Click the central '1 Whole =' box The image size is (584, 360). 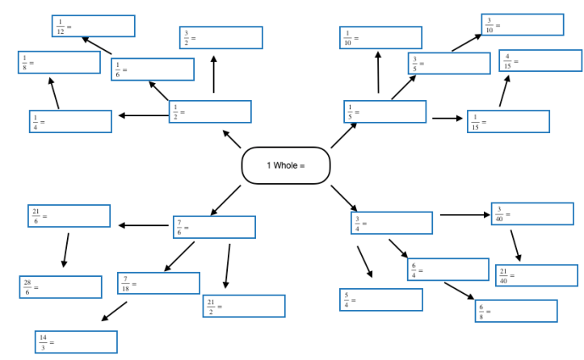[286, 165]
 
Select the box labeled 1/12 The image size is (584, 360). [93, 26]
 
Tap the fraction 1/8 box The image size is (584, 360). [59, 62]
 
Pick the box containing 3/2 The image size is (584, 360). [221, 38]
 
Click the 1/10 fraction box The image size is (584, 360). [380, 38]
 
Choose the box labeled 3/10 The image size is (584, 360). [522, 25]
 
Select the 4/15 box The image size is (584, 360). [540, 61]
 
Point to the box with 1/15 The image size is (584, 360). [508, 122]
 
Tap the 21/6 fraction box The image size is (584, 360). [69, 216]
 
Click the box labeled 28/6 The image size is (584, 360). [61, 287]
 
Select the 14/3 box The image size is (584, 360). [76, 341]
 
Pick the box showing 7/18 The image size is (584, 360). [158, 283]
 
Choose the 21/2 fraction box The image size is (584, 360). [244, 306]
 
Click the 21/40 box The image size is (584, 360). [536, 275]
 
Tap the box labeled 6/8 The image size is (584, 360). [516, 311]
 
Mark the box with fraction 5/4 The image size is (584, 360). [381, 299]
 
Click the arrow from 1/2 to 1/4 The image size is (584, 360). [143, 115]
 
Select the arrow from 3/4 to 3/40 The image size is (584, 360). [464, 215]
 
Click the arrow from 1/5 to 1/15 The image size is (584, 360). [446, 119]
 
